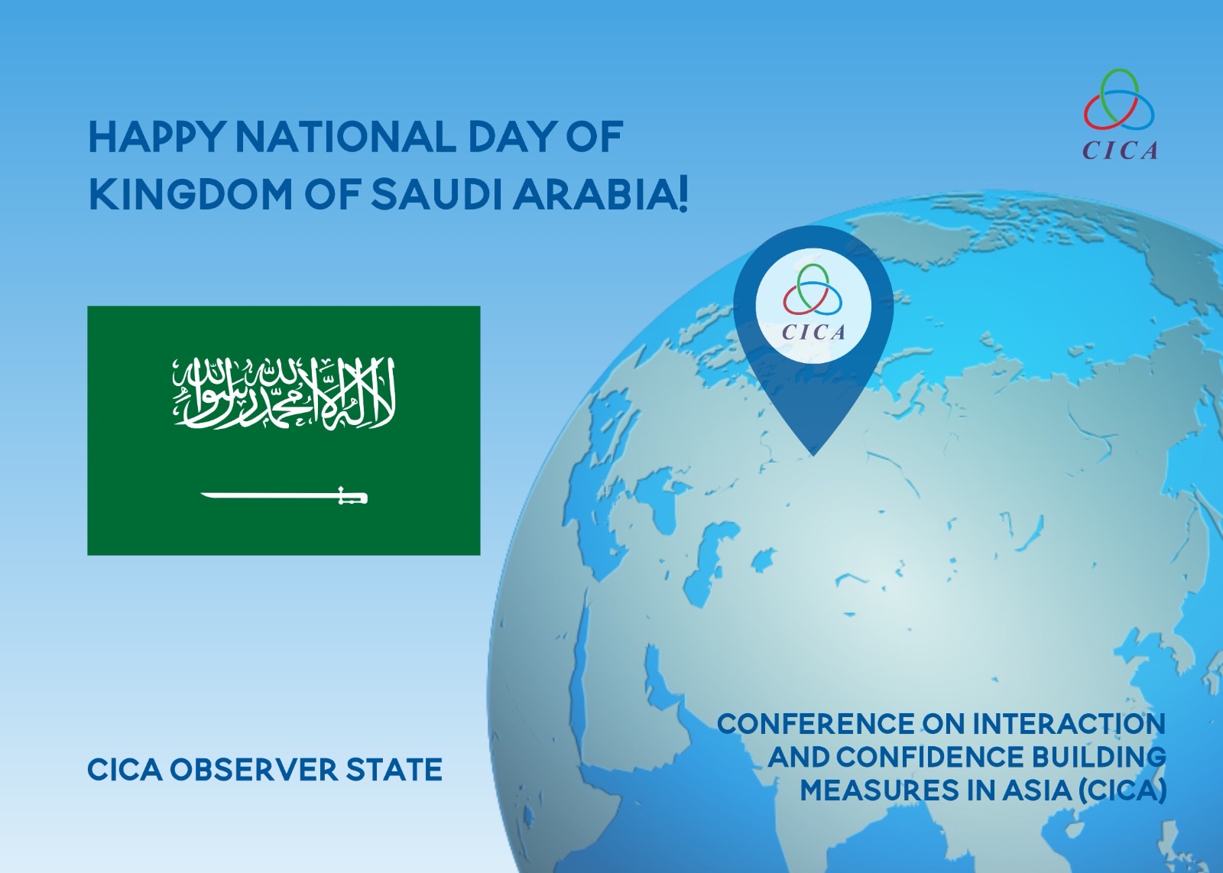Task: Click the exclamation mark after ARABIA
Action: click(x=683, y=196)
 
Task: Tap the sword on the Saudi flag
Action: click(x=284, y=495)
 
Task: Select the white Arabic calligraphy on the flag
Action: click(x=284, y=393)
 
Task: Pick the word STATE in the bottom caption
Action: click(x=394, y=770)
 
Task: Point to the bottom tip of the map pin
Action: click(x=813, y=456)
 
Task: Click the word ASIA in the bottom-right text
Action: click(x=1036, y=790)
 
